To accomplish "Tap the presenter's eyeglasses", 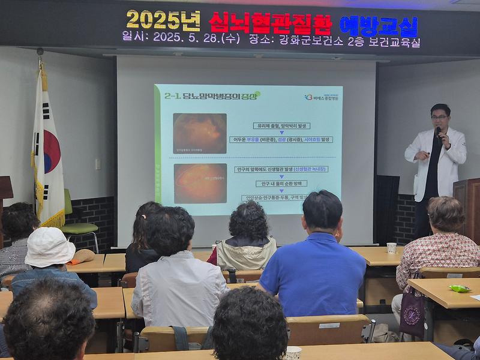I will point(439,117).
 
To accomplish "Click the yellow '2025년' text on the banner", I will point(163,21).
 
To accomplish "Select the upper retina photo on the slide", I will point(200,134).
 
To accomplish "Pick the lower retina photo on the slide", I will point(200,183).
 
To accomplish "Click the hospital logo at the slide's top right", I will point(322,97).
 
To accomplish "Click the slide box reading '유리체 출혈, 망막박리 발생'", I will point(281,126).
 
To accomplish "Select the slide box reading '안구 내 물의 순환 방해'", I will point(281,184).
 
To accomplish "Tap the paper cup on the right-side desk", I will point(391,247).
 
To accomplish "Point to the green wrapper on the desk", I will point(460,289).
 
